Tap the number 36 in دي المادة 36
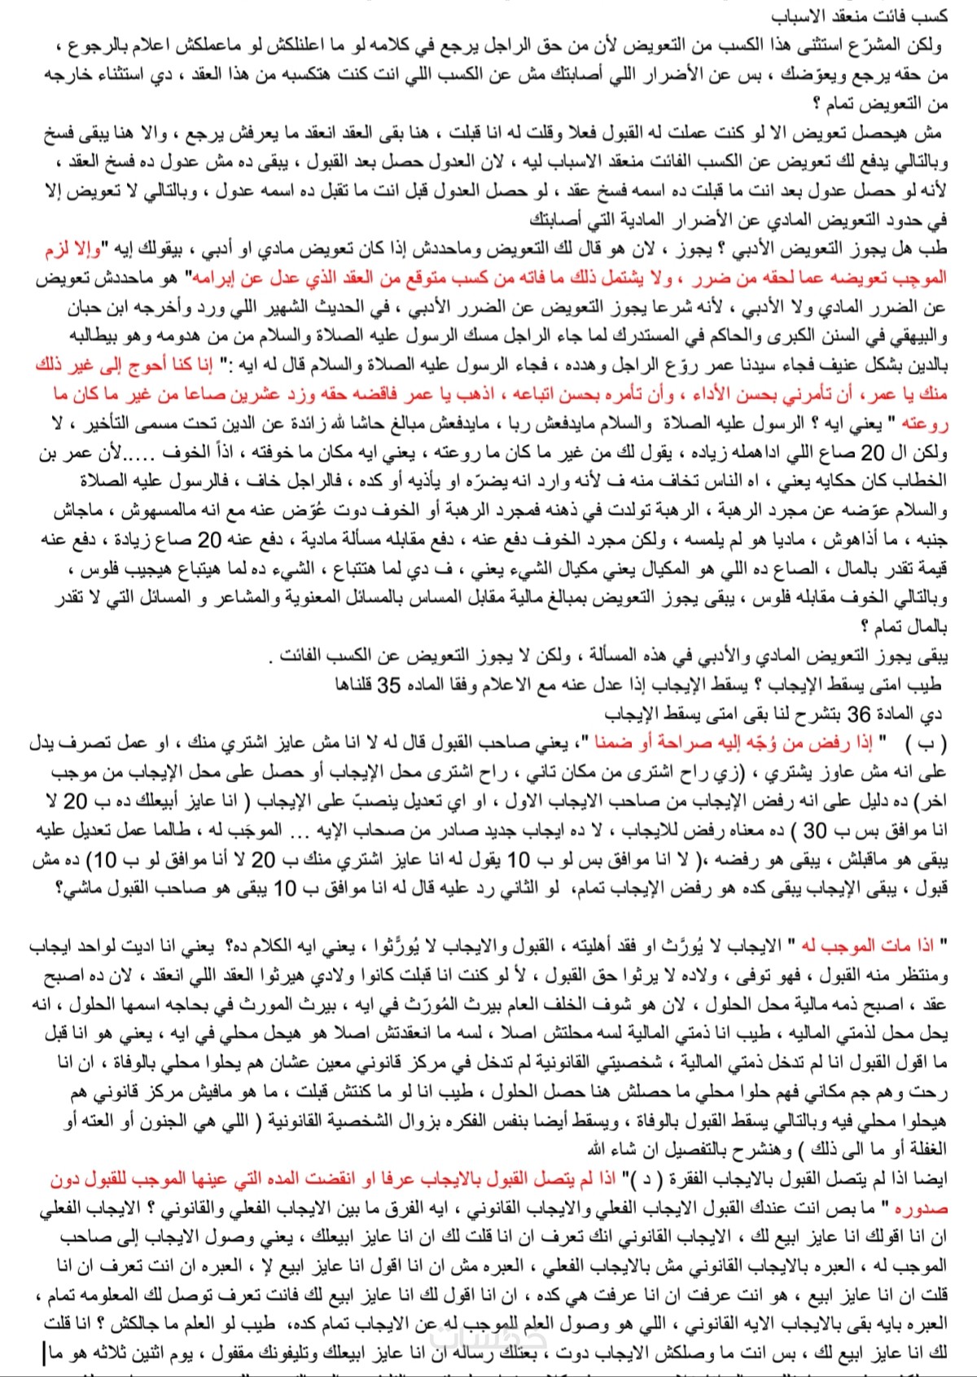coord(859,714)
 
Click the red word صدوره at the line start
coord(920,1208)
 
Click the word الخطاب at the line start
coord(922,481)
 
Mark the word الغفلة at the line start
coord(923,1149)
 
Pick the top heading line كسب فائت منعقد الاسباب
coord(860,16)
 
